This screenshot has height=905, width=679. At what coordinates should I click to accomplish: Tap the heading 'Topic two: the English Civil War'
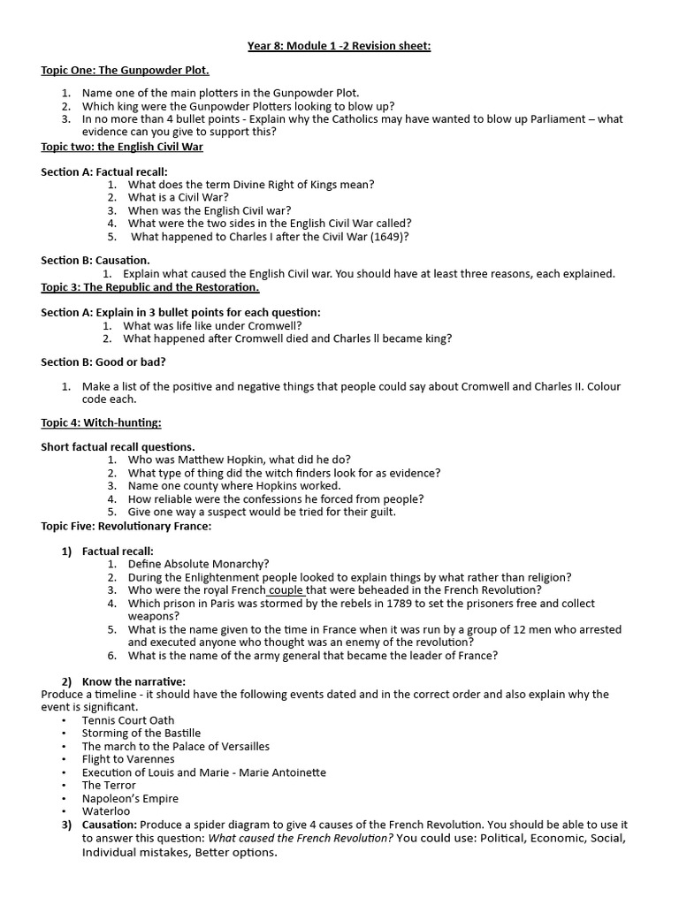pyautogui.click(x=122, y=146)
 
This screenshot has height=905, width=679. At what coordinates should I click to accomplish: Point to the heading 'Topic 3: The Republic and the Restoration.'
pyautogui.click(x=150, y=287)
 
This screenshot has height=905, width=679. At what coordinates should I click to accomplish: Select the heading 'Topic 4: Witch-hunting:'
pyautogui.click(x=101, y=422)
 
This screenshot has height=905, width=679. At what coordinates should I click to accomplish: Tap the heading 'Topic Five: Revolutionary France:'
pyautogui.click(x=126, y=526)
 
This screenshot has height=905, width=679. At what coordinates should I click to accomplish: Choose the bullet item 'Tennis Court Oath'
pyautogui.click(x=128, y=720)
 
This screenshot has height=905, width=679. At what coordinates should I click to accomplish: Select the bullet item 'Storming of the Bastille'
pyautogui.click(x=141, y=733)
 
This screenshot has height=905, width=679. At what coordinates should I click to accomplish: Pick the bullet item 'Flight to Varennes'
pyautogui.click(x=128, y=758)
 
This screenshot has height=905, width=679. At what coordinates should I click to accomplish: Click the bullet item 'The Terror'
pyautogui.click(x=109, y=785)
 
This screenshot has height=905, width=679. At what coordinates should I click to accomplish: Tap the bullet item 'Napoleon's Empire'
pyautogui.click(x=129, y=798)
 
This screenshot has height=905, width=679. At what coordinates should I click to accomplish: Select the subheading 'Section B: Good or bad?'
pyautogui.click(x=103, y=361)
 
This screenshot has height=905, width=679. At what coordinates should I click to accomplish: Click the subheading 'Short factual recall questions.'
pyautogui.click(x=118, y=446)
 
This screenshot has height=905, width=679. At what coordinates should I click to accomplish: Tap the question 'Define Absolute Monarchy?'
pyautogui.click(x=199, y=564)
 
